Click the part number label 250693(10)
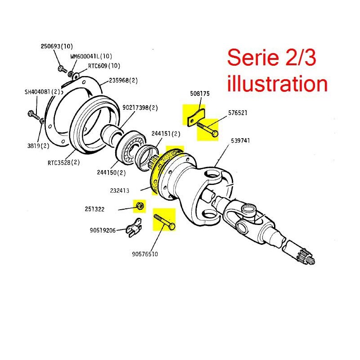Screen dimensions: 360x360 pos(57,46)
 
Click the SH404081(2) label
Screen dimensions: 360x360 pos(42,92)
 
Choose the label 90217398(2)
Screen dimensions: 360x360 pos(140,108)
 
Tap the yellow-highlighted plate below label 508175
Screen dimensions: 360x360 pos(193,115)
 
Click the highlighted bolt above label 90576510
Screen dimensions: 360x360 pos(165,221)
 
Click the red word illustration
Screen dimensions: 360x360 pos(277,84)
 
